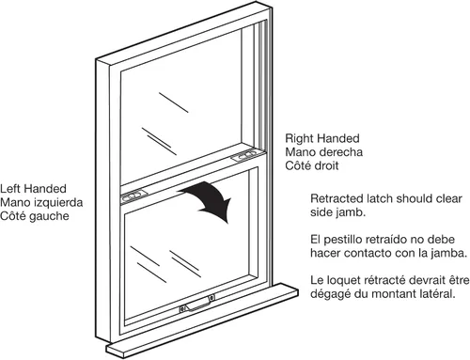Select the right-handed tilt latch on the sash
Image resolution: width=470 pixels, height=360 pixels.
coord(246,156)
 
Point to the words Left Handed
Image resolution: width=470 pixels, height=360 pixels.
coord(33,189)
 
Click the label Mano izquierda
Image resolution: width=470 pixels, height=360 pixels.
coord(41,202)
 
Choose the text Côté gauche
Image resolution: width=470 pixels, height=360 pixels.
coord(35,216)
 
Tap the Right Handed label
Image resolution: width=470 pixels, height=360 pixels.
coord(322,138)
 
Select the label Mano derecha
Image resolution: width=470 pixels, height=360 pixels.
coord(324,152)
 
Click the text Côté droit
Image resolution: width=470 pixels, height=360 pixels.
coord(312,165)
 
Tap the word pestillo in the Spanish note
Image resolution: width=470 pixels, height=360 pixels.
coord(342,240)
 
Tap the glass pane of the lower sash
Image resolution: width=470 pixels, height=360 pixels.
coord(188,247)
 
